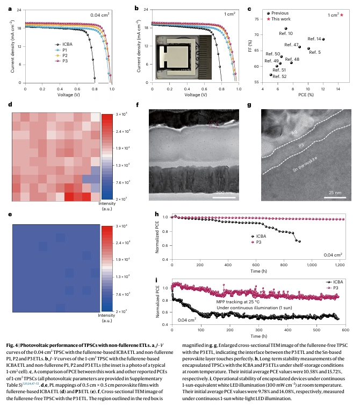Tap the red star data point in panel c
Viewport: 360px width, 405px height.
tap(341, 15)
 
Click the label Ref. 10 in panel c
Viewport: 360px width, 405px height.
tap(286, 33)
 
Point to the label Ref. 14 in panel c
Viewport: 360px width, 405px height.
tap(314, 39)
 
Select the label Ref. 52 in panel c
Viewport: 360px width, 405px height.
tap(279, 76)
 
